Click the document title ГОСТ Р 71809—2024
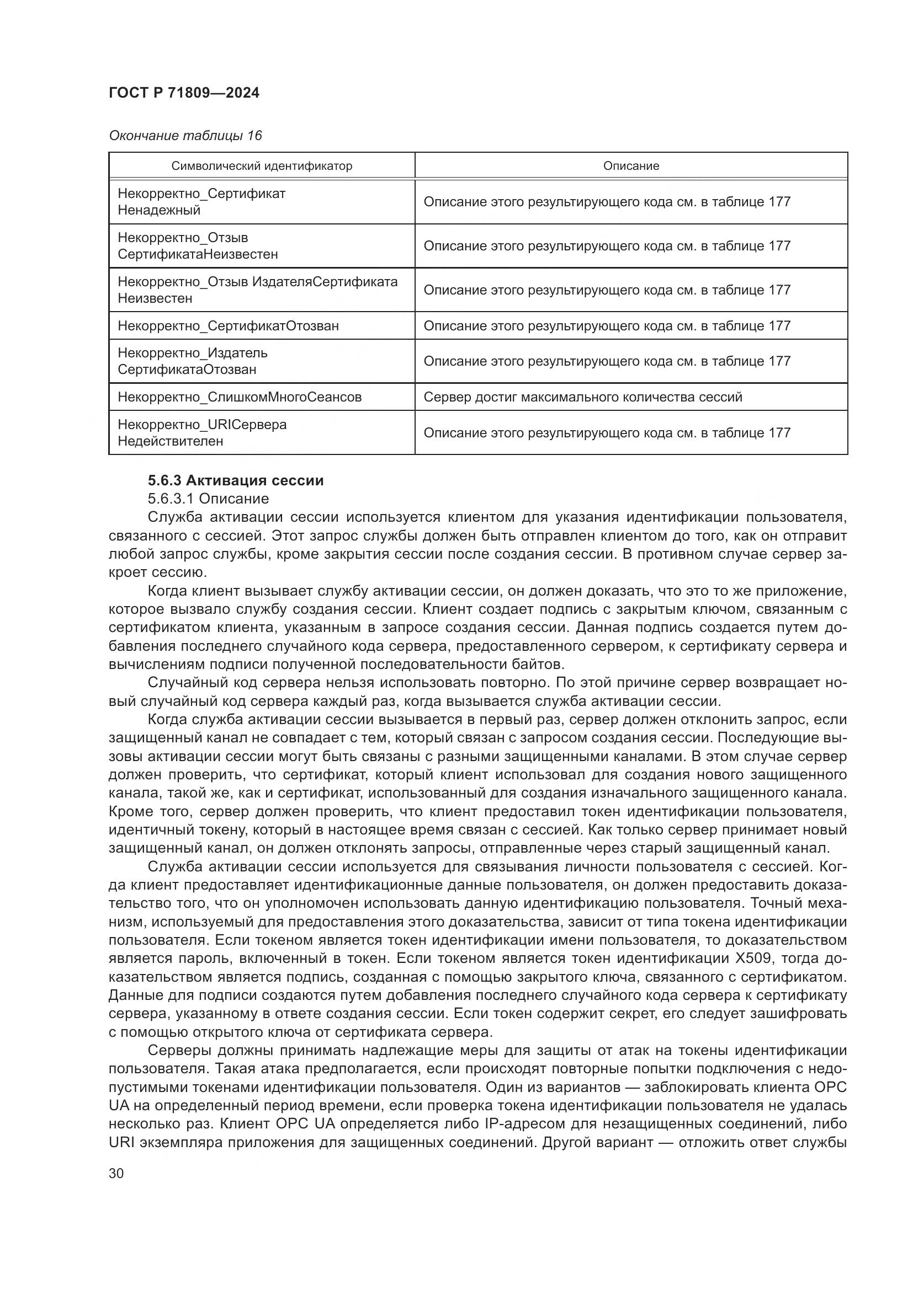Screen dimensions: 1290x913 tap(184, 93)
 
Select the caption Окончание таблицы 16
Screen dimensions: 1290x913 tap(185, 136)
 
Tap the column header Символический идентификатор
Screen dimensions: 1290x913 tap(262, 167)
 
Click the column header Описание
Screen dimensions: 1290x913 tap(631, 167)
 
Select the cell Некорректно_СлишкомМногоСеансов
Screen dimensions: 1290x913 tap(240, 397)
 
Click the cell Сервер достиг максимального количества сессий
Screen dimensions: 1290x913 tap(582, 397)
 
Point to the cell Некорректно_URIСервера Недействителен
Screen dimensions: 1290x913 tap(202, 432)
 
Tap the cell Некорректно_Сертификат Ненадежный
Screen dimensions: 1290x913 tap(201, 202)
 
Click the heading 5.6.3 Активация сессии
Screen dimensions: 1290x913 tap(236, 480)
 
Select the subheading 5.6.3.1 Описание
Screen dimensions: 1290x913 tap(208, 499)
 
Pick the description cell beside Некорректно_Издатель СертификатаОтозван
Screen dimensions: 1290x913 tap(607, 361)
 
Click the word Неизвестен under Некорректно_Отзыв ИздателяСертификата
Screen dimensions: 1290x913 tap(155, 298)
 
